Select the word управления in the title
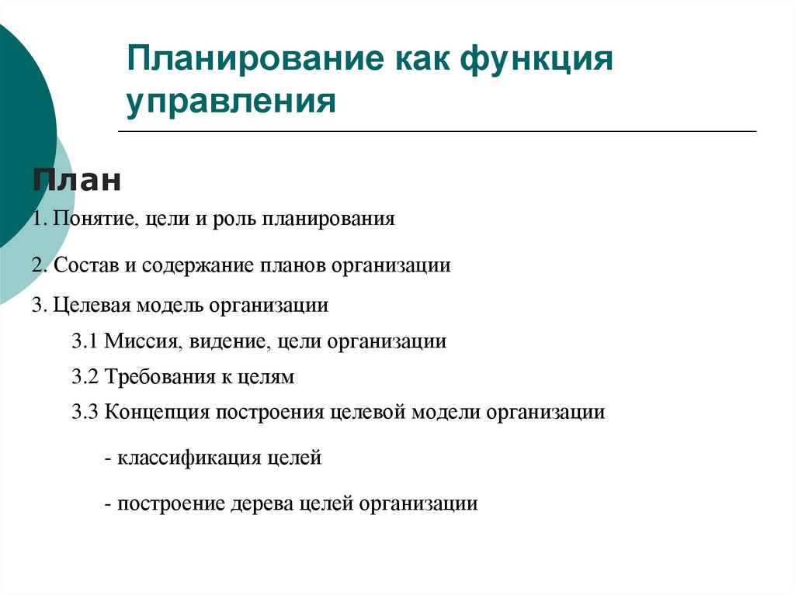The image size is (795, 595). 232,102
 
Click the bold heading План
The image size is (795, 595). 77,182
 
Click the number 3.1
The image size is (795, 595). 85,341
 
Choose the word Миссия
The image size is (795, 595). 134,341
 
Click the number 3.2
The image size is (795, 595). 85,378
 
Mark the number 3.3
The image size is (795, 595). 85,412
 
